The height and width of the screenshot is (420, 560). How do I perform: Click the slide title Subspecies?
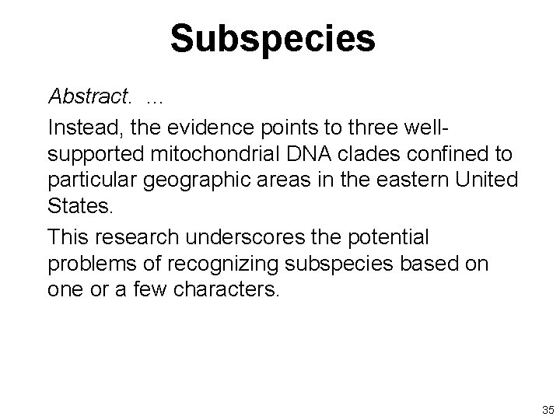coord(272,38)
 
